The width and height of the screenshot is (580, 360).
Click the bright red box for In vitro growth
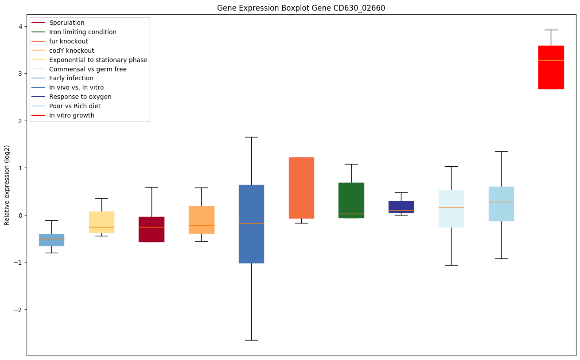tap(551, 67)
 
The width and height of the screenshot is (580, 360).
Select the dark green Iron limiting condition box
tap(351, 200)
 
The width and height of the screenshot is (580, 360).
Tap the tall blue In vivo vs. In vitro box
tap(251, 224)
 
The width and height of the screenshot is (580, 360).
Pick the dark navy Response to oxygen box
tap(401, 207)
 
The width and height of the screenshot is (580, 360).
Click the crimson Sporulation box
tap(152, 229)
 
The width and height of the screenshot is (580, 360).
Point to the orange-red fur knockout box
tap(301, 188)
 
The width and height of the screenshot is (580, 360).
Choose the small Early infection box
tap(51, 239)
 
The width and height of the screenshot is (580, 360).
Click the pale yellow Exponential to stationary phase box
tap(101, 222)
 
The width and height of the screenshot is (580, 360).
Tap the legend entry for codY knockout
tap(71, 51)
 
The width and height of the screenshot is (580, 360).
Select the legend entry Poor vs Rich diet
tap(75, 106)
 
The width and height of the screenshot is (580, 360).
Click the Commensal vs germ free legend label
tap(88, 69)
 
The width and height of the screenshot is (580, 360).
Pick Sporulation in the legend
tap(67, 23)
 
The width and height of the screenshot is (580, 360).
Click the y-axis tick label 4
tap(20, 26)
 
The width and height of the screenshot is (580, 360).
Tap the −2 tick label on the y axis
tap(18, 309)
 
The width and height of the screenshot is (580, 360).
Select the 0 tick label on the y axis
tap(20, 215)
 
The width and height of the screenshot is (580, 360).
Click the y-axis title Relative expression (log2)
tap(7, 185)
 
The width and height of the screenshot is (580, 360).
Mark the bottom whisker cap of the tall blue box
tap(251, 340)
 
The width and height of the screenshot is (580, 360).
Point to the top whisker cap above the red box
tap(551, 30)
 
